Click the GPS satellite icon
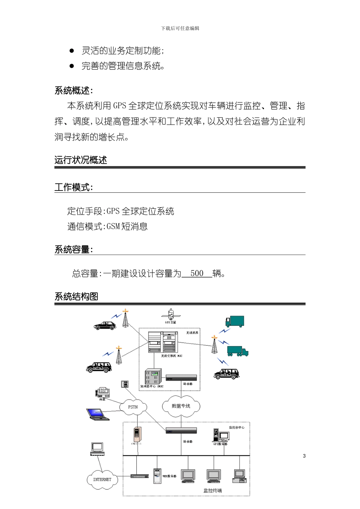171,314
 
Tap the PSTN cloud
133,407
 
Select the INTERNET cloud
102,479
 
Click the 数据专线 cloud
181,406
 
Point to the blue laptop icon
97,414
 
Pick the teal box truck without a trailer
235,322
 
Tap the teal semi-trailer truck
238,351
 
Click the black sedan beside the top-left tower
105,325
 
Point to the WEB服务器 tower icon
157,476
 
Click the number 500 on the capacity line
197,273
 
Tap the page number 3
304,456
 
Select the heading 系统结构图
77,297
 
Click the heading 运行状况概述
81,160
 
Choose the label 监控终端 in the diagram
213,490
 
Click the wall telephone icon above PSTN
124,384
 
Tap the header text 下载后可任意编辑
180,28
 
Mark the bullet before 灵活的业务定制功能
72,51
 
